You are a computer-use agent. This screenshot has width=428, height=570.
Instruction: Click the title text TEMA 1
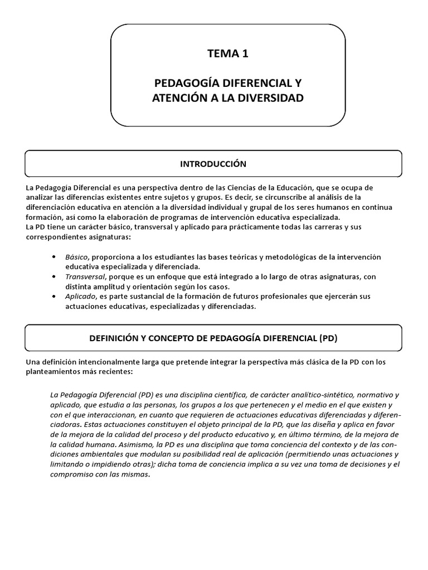[x=227, y=54]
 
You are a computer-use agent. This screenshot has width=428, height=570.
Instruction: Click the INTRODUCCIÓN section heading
[x=213, y=164]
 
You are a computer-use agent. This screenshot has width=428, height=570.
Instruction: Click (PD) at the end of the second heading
[x=328, y=338]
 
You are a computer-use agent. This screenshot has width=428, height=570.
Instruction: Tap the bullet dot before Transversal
[x=53, y=276]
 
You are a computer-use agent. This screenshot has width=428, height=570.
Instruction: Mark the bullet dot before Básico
[x=53, y=257]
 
